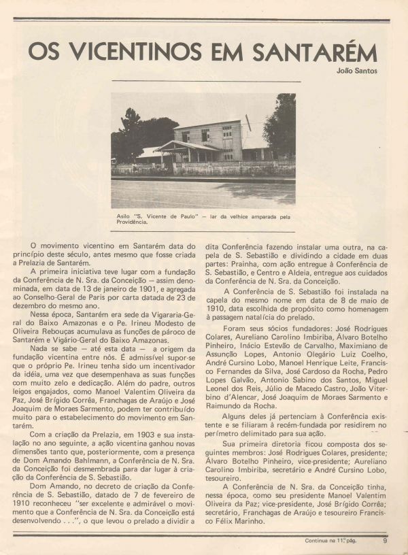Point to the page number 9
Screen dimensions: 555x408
384,541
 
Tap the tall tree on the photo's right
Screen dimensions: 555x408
282,126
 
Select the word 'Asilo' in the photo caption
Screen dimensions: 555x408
127,216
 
